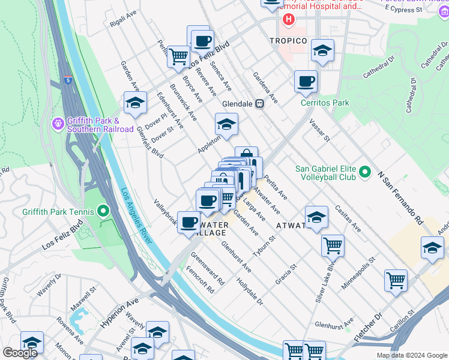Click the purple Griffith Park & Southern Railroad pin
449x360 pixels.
[58, 124]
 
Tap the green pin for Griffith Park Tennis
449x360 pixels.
[103, 211]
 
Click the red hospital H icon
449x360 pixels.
[289, 20]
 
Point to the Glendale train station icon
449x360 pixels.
[260, 103]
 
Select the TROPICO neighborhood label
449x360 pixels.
[288, 41]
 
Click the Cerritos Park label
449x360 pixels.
[325, 103]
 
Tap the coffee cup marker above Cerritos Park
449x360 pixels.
[306, 81]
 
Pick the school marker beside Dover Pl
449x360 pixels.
[135, 103]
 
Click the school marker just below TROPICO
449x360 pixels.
[322, 52]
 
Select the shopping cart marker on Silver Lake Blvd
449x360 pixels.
[333, 245]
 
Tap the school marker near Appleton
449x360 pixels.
[226, 124]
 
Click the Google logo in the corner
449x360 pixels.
[20, 353]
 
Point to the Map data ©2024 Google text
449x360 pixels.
[411, 355]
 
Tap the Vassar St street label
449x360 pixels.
[320, 130]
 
